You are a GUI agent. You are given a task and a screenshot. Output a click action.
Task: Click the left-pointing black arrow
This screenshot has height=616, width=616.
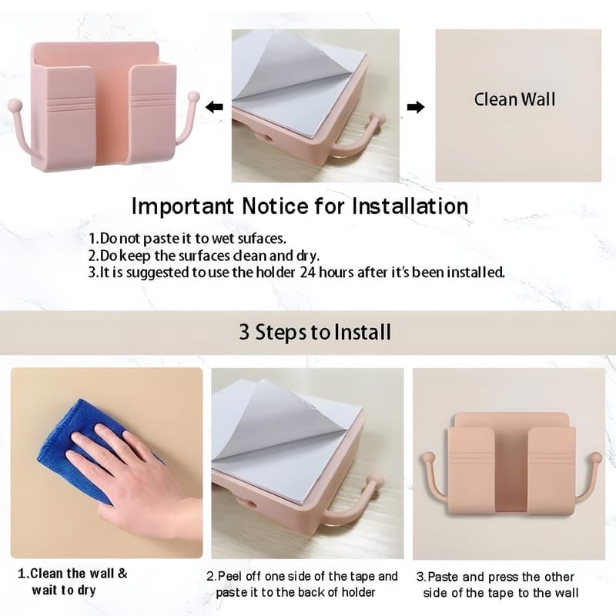point(215,106)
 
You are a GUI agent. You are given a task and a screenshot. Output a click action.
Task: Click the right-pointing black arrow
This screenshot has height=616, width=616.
point(416,107)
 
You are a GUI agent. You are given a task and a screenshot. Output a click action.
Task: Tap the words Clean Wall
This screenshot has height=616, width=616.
point(514,99)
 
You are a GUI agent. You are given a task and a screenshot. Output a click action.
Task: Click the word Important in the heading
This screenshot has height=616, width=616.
point(182,206)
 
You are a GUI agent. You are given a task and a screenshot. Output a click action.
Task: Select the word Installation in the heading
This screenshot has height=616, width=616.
point(410,206)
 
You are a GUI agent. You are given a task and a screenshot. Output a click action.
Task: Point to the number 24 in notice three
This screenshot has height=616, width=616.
point(307,272)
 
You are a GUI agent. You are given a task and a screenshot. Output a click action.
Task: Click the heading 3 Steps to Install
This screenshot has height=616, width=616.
point(315,333)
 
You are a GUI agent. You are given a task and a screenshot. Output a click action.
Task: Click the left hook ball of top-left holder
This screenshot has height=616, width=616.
point(15,105)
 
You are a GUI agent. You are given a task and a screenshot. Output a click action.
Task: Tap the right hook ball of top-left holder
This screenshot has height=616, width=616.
point(193,96)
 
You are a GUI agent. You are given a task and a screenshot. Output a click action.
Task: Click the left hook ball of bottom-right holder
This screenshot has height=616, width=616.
point(428,458)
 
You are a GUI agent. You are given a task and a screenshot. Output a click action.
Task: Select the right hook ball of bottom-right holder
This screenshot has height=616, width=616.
point(596,457)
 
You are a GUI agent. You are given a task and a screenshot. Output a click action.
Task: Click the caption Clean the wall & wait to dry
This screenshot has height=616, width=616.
point(72,582)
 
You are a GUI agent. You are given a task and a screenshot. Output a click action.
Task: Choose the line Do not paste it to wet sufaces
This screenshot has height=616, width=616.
point(187,239)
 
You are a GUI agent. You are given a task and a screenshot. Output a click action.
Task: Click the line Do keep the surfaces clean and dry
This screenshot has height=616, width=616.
point(203,256)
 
